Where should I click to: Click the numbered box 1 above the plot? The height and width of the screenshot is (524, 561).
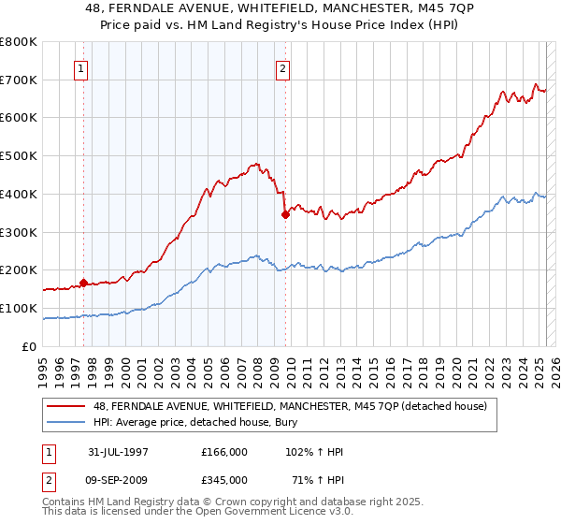click(x=82, y=67)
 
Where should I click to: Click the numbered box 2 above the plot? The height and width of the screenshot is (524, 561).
click(x=282, y=67)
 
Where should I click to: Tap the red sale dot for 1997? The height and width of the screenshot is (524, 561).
click(x=84, y=282)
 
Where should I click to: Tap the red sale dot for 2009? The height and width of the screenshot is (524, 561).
click(x=284, y=213)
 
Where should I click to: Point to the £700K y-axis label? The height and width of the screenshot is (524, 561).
click(x=20, y=80)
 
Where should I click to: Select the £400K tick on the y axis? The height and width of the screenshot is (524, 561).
click(x=20, y=194)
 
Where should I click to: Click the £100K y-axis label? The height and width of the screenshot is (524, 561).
click(x=20, y=308)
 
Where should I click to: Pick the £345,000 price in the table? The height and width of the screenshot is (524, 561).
click(x=224, y=481)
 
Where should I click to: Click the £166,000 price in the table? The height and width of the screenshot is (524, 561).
click(x=224, y=451)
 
